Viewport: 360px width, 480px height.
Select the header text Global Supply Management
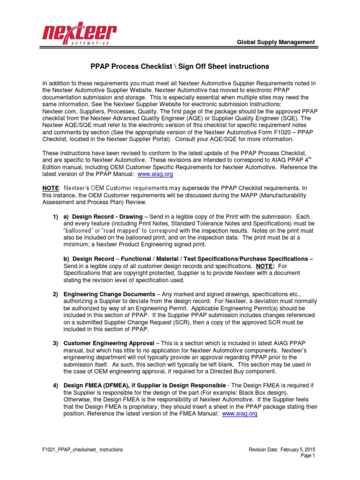click(276, 42)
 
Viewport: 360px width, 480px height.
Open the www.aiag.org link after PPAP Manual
click(156, 174)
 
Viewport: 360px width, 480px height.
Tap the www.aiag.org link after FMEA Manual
click(240, 414)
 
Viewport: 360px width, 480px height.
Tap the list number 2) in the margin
click(55, 294)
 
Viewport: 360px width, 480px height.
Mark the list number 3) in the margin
click(55, 343)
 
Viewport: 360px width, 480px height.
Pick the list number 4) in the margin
click(55, 386)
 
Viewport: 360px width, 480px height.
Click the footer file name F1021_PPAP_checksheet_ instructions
click(82, 450)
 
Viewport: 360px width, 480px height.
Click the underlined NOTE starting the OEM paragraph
click(51, 188)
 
